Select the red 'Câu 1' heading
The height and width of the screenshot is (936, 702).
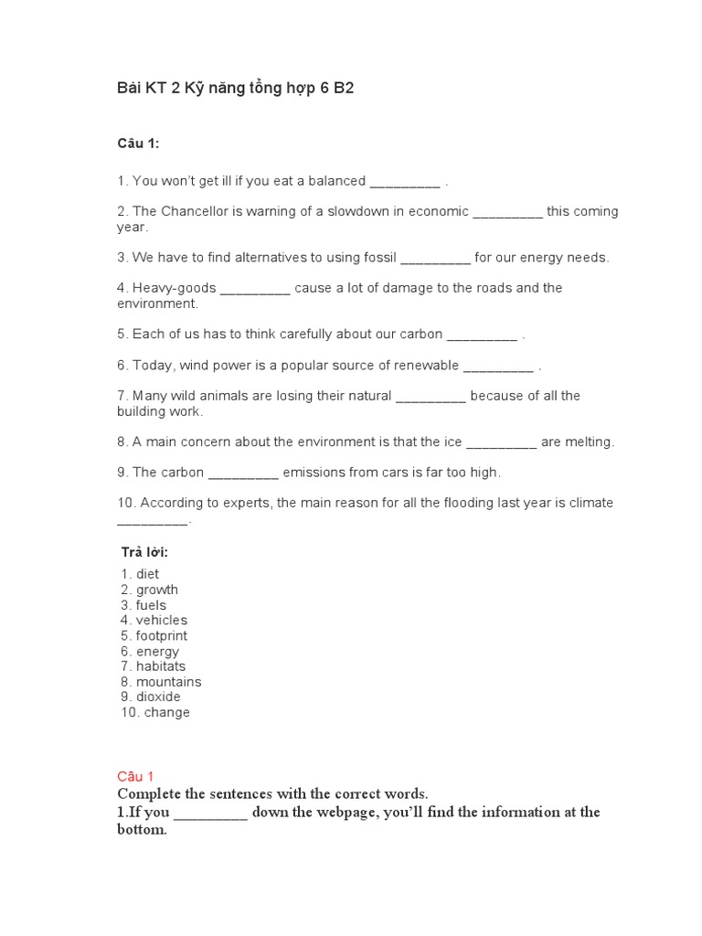[x=137, y=776]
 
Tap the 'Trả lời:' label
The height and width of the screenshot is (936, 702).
[x=144, y=552]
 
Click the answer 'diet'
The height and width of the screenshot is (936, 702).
[x=147, y=574]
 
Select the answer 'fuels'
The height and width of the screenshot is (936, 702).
[x=151, y=605]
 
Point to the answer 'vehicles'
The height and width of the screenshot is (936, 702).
[x=161, y=620]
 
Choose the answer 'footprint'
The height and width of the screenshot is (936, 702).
[x=161, y=635]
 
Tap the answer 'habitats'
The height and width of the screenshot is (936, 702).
[x=161, y=666]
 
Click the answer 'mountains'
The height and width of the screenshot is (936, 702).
[x=168, y=682]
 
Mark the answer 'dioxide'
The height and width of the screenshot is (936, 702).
[x=158, y=697]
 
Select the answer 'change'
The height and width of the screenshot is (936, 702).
[x=166, y=712]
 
